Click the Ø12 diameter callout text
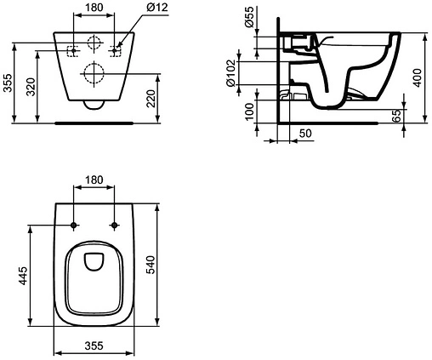[157, 8]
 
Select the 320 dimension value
[31, 87]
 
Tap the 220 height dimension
[151, 99]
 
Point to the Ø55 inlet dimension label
[249, 17]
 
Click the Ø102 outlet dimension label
[230, 73]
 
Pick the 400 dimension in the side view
[417, 78]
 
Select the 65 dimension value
[398, 116]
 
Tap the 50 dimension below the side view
[305, 133]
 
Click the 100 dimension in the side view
[249, 111]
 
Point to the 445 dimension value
[23, 276]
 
